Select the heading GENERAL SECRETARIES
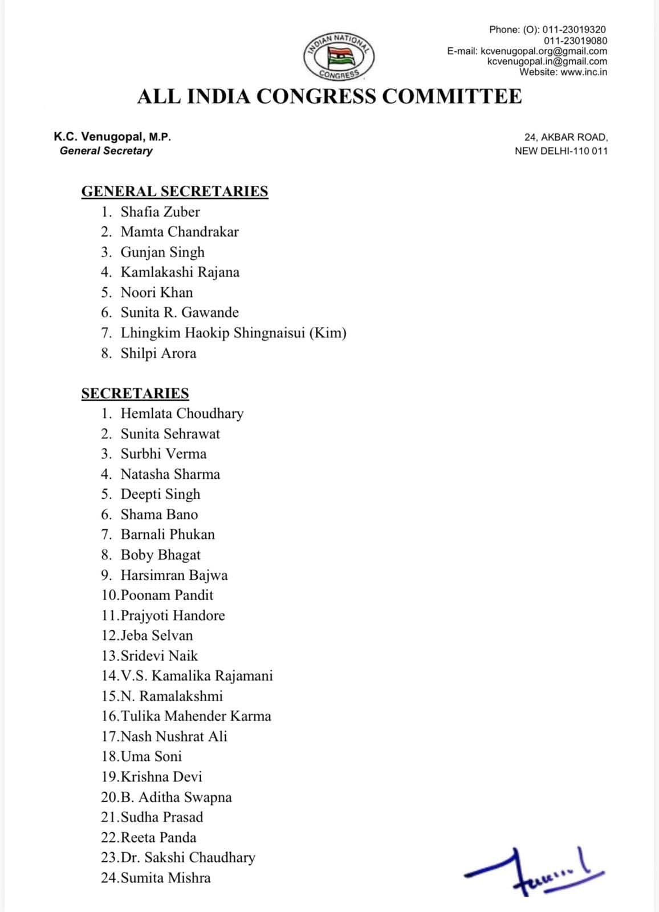coord(174,191)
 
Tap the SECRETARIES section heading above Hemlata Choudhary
coord(135,393)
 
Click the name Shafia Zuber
coord(160,212)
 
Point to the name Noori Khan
coord(157,292)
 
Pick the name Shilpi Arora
coord(158,353)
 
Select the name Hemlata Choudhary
coord(182,413)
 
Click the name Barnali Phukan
coord(168,535)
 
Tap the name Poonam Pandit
coord(167,595)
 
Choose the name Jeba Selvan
coord(157,636)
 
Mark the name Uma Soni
coord(152,756)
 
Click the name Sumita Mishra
coord(166,878)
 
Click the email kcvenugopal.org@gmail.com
coord(544,51)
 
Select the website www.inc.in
coord(584,72)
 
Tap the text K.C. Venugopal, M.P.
coord(112,137)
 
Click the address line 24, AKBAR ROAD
coord(566,137)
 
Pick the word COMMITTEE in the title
coord(451,96)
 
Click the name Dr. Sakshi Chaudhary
coord(188,857)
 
